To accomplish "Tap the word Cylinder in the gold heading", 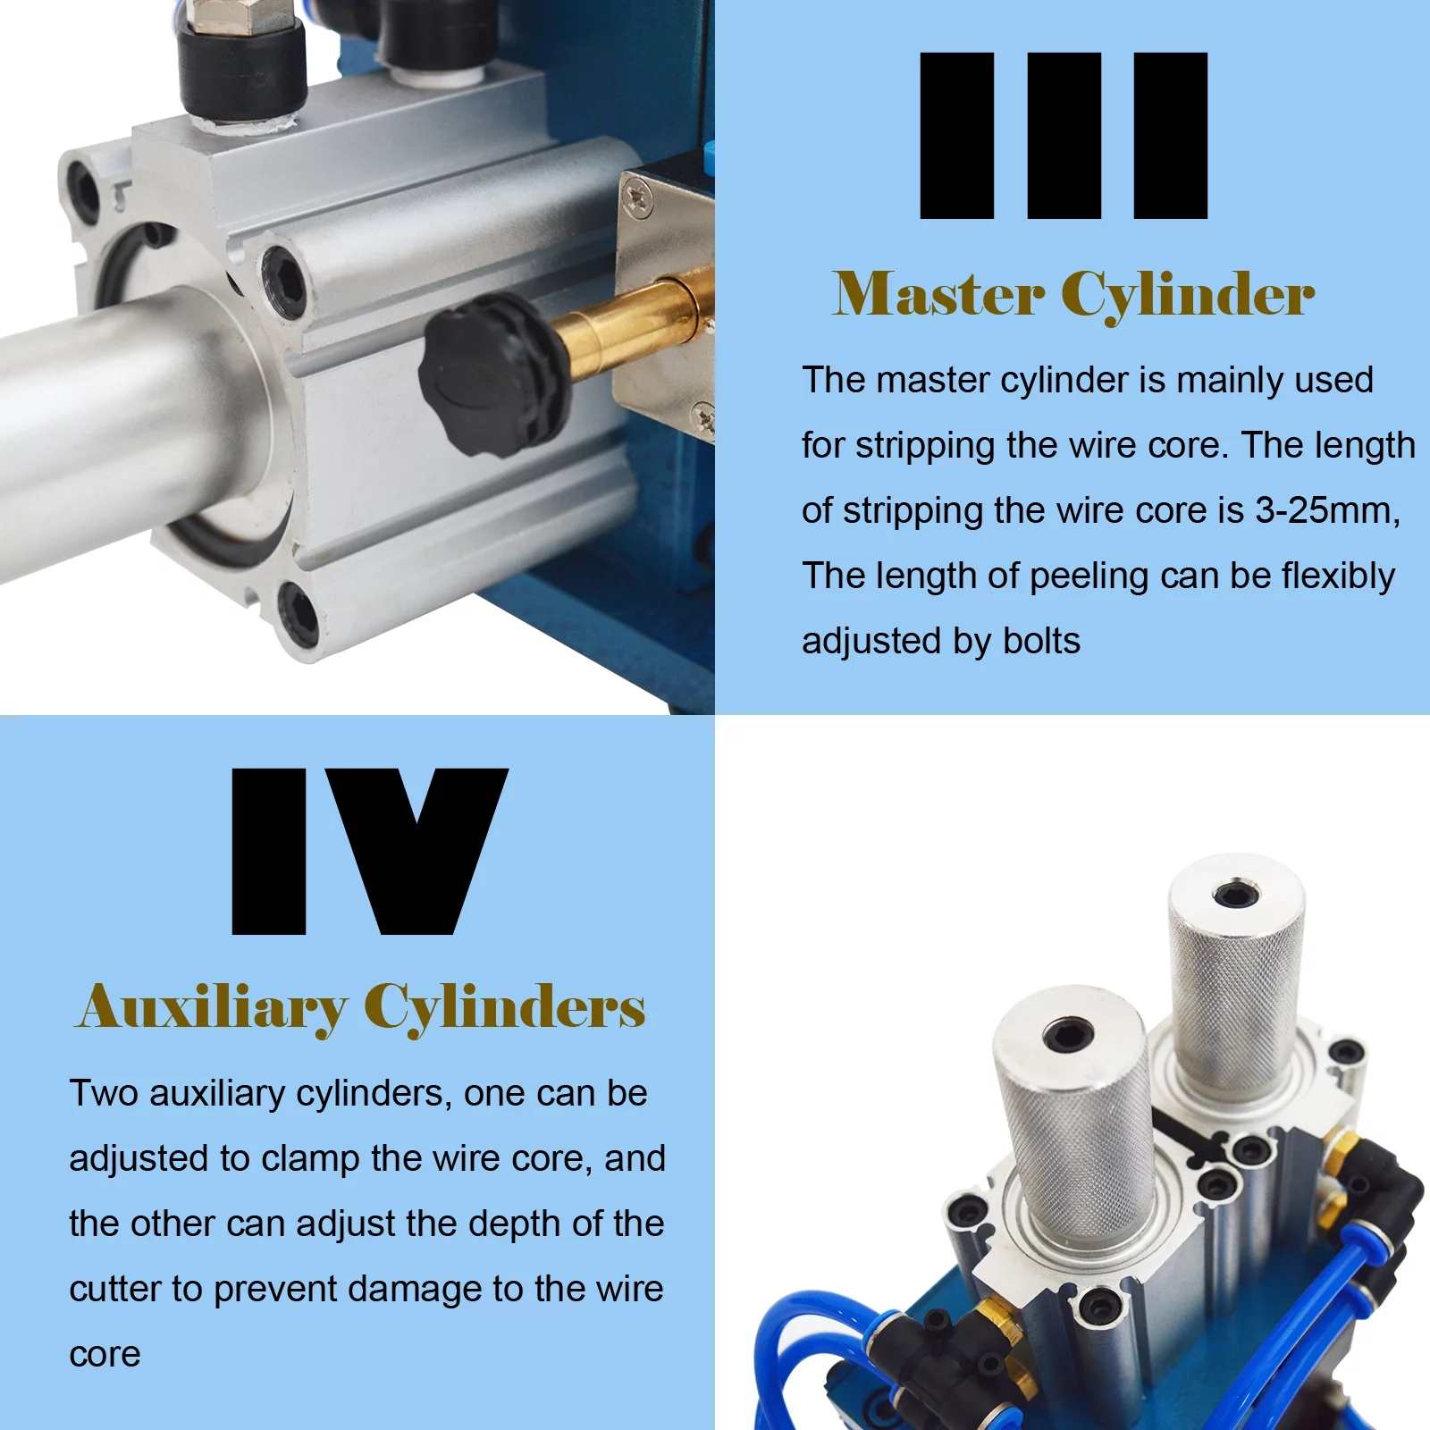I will [1188, 294].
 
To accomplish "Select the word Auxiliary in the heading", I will [213, 1007].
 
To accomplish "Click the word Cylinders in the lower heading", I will [505, 1007].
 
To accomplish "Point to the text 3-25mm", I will [1325, 510].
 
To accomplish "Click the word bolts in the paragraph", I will [1041, 641].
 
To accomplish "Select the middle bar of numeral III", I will [1064, 135].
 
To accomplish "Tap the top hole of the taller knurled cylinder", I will [1236, 895].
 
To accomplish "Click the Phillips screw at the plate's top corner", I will [637, 196].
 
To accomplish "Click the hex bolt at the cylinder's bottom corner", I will [298, 613].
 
